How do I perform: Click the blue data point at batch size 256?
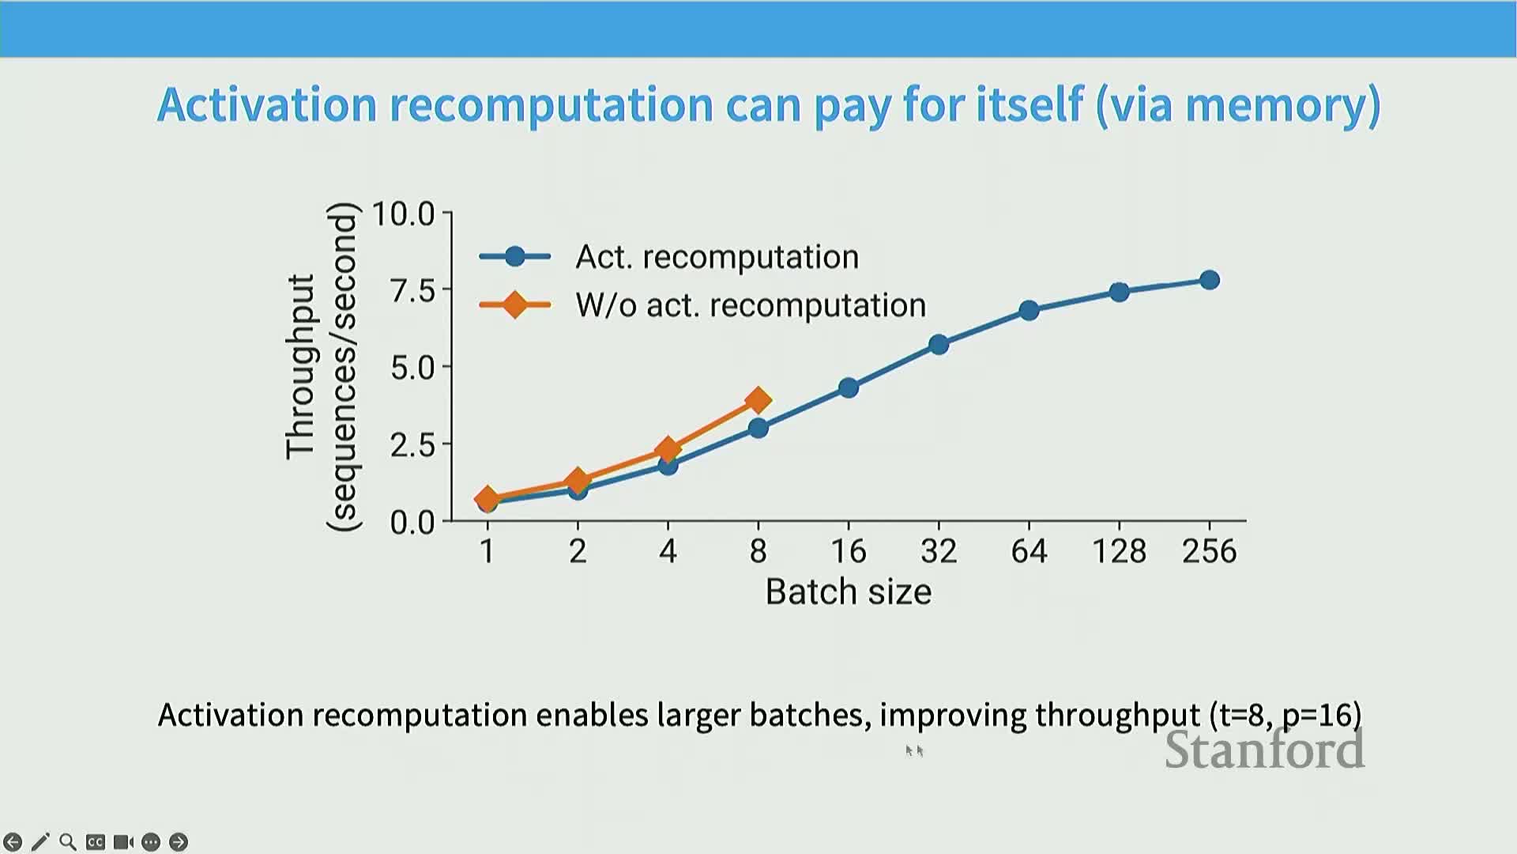pos(1209,280)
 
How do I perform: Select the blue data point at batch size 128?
pos(1119,292)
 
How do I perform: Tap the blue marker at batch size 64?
pos(1029,310)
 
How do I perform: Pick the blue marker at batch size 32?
pos(939,344)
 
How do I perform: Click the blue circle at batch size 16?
pos(849,387)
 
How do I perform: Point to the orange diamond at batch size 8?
pos(758,400)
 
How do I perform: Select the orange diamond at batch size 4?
pos(668,449)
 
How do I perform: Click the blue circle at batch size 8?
pos(758,428)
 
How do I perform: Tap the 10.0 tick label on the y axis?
pos(403,213)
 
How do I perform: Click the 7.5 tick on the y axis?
pos(413,290)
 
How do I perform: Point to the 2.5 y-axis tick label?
pos(413,444)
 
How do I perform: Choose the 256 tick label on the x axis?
pos(1209,551)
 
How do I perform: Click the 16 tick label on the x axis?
pos(849,551)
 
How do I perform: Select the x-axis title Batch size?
pos(849,591)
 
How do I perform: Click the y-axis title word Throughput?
pos(301,367)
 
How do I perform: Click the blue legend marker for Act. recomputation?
pos(515,256)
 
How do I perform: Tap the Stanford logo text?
pos(1265,750)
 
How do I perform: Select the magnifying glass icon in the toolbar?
pos(68,842)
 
